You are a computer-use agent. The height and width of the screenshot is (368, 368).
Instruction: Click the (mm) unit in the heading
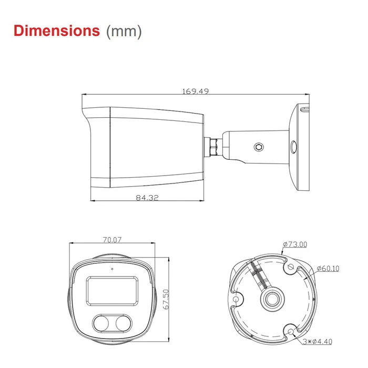pyautogui.click(x=124, y=31)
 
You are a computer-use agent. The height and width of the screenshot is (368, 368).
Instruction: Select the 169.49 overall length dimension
pyautogui.click(x=196, y=91)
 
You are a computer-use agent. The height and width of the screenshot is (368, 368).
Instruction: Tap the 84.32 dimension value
pyautogui.click(x=147, y=198)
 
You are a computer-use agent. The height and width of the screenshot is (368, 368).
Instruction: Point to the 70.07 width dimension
pyautogui.click(x=112, y=240)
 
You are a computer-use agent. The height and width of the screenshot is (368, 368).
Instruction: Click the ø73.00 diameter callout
pyautogui.click(x=295, y=244)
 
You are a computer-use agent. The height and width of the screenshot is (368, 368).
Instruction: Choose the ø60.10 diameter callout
pyautogui.click(x=328, y=269)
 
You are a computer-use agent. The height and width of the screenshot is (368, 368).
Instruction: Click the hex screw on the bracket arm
pyautogui.click(x=258, y=147)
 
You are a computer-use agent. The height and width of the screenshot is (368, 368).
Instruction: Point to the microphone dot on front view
pyautogui.click(x=111, y=269)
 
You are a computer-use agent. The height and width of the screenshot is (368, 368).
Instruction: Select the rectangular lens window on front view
pyautogui.click(x=111, y=290)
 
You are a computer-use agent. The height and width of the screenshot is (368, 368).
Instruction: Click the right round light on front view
pyautogui.click(x=123, y=323)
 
